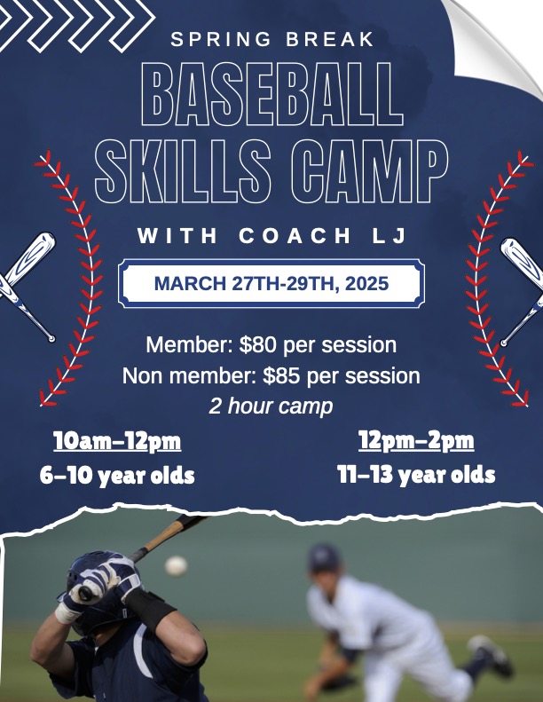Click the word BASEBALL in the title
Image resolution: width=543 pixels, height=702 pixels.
click(272, 94)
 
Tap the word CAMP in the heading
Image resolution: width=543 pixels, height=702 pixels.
click(369, 171)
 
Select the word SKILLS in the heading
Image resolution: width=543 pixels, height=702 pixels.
click(183, 171)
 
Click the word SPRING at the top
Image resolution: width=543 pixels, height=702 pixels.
click(221, 39)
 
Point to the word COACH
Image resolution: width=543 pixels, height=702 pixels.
click(295, 235)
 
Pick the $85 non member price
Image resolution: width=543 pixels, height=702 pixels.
click(281, 375)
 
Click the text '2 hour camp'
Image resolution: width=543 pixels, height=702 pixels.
click(271, 406)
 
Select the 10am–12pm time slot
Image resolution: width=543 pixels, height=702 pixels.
click(117, 441)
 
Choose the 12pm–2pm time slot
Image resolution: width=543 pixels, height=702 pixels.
click(416, 441)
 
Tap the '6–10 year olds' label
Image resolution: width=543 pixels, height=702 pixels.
click(117, 476)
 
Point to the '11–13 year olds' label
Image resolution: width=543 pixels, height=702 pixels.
click(416, 475)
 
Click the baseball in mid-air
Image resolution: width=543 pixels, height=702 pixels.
click(176, 566)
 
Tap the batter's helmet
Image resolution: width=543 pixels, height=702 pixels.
click(96, 591)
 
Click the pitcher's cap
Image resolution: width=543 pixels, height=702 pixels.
click(324, 557)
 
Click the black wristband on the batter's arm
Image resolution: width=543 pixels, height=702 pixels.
click(150, 610)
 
